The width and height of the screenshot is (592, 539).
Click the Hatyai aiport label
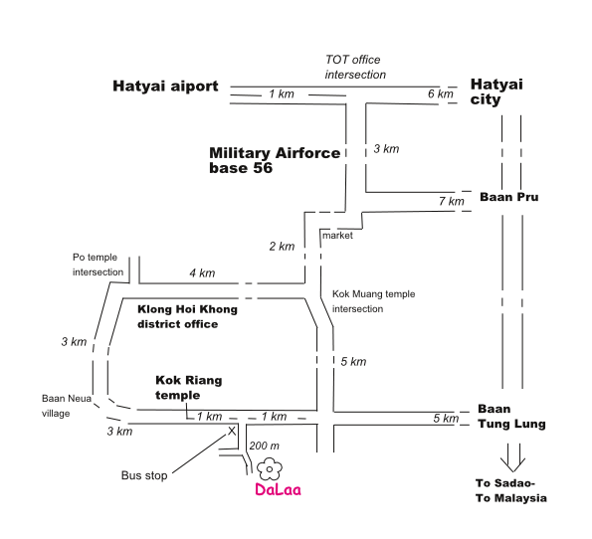point(165,87)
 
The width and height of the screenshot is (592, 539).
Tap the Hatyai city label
point(496,91)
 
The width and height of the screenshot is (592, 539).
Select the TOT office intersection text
point(355,68)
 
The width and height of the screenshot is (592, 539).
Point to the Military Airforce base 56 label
point(275,160)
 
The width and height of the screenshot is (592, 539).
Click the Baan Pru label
point(509,197)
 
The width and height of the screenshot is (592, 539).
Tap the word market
point(337,236)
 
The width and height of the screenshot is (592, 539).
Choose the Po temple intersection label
point(98,265)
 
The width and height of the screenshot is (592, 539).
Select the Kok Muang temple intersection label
point(373,301)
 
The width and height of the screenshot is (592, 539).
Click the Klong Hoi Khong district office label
point(187,316)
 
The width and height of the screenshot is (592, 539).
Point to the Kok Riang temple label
point(188,388)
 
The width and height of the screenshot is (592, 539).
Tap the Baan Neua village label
point(67,406)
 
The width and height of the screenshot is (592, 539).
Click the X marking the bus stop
point(232,431)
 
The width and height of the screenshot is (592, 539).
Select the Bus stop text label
point(144,475)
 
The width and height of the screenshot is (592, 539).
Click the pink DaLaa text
point(278,489)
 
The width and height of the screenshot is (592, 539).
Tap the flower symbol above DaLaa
point(270,469)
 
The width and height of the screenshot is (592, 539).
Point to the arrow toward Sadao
point(512,457)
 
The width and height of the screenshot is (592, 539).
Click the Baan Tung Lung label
point(511,417)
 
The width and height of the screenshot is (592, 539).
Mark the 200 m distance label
point(264,447)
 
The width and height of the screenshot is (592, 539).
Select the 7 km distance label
point(451,201)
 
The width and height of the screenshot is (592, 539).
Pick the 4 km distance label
point(202,272)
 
